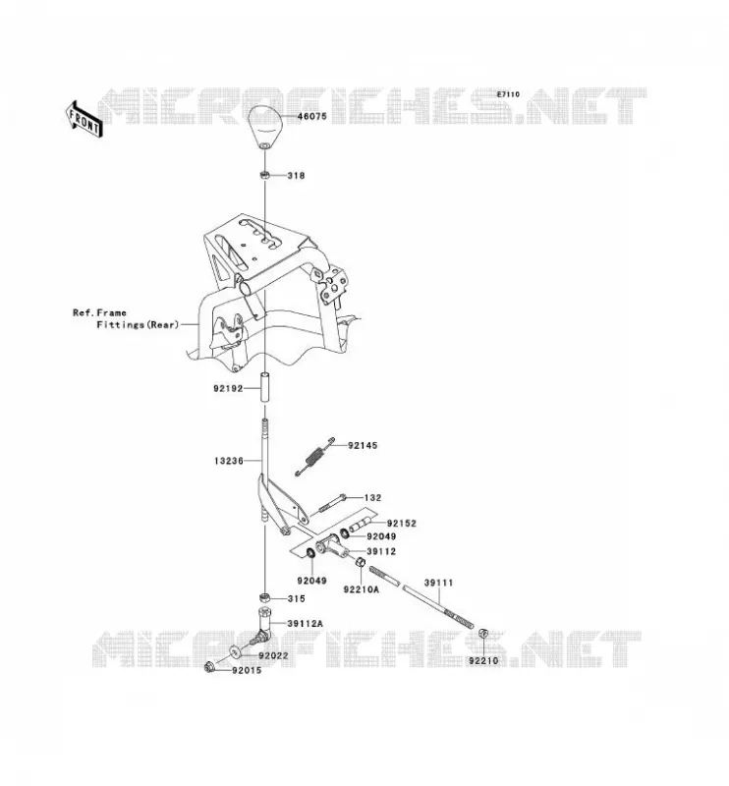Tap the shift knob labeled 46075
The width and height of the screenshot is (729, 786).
[265, 127]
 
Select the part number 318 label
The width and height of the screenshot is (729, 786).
[296, 176]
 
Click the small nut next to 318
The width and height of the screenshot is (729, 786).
[264, 175]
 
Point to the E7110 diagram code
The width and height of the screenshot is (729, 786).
[508, 94]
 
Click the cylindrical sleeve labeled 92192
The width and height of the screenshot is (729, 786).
[264, 387]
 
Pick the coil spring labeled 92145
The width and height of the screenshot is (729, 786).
[314, 456]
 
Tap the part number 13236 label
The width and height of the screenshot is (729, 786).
[229, 461]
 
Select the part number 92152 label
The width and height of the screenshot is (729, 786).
[402, 524]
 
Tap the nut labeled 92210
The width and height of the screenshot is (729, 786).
[483, 633]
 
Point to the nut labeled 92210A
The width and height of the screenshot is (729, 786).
[360, 561]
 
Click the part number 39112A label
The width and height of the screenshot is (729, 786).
[305, 624]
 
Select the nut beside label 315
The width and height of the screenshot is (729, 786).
[264, 597]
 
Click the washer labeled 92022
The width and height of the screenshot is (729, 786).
[235, 652]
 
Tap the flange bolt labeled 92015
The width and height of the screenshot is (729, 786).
[210, 667]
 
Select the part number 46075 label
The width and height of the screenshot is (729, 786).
[311, 116]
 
